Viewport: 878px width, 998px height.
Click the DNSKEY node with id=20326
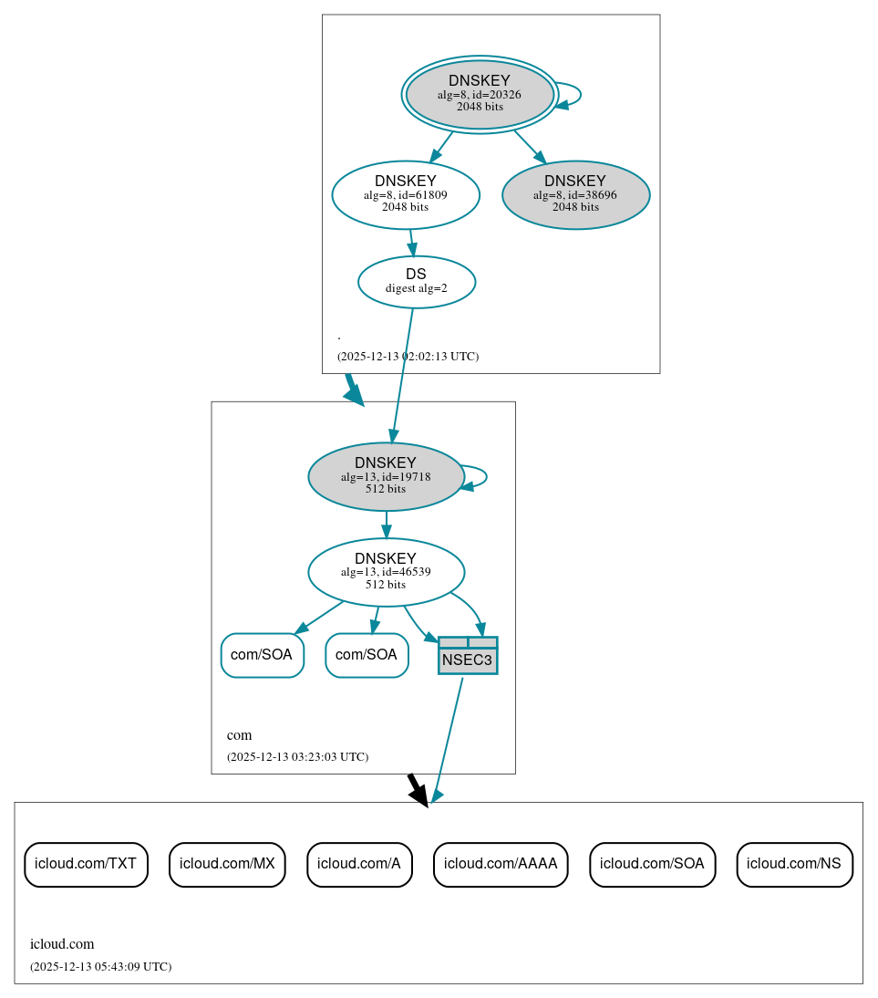(480, 94)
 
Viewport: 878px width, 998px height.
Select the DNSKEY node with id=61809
(406, 194)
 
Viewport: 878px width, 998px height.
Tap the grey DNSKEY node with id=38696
(575, 194)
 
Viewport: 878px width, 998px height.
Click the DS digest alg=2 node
(416, 281)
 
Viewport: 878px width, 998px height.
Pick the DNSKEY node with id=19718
(386, 476)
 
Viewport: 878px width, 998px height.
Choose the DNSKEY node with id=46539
(386, 572)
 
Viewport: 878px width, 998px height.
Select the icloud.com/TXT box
(86, 864)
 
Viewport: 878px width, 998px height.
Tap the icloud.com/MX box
(227, 864)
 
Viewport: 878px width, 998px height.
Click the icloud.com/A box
(359, 864)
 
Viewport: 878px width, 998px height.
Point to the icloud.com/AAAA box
(501, 864)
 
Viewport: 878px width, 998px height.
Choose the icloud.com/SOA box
(652, 864)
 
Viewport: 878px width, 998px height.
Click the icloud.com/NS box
(794, 864)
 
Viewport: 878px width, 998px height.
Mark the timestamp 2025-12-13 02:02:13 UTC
(408, 356)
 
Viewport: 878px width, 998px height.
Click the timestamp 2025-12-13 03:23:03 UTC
(297, 756)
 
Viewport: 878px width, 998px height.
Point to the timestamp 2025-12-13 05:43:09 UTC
(100, 966)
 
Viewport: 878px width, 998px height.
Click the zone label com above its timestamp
(239, 735)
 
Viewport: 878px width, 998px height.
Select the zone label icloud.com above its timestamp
(62, 944)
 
